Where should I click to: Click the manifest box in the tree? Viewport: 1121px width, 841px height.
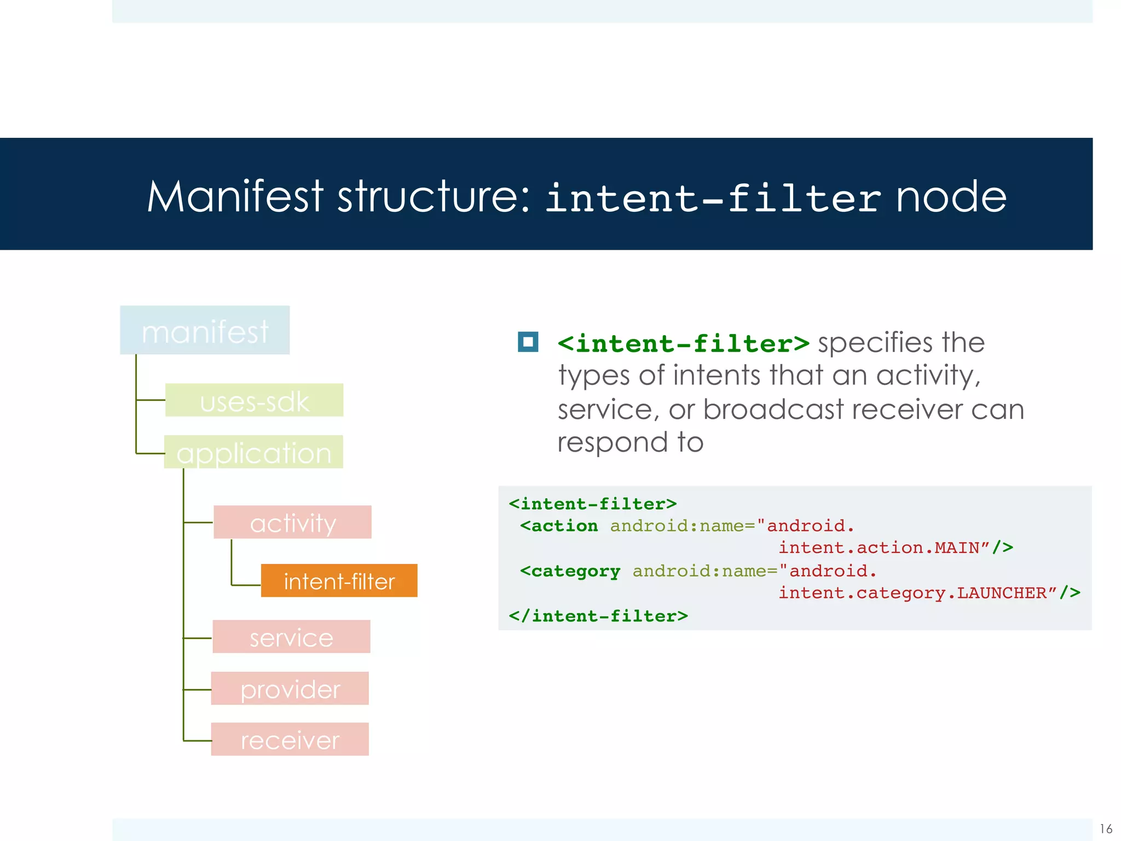[205, 330]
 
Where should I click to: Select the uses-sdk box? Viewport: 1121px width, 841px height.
[254, 400]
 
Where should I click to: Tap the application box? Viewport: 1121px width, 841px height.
[253, 452]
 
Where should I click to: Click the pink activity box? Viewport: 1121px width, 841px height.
[292, 522]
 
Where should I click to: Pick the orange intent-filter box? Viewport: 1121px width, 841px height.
[339, 580]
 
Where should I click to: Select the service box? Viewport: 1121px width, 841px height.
[291, 637]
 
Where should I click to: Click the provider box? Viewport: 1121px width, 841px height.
[290, 688]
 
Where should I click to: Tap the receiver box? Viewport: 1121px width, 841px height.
[290, 740]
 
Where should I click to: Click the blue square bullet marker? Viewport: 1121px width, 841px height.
[528, 342]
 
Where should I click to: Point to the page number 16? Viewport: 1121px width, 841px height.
[1106, 828]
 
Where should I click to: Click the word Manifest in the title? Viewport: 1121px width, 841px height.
[235, 197]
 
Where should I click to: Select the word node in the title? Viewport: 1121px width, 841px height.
[951, 197]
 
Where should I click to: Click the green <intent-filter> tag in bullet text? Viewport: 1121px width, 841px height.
[683, 344]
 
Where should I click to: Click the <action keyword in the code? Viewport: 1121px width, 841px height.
[559, 526]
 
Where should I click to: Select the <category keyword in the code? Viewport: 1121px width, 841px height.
[570, 572]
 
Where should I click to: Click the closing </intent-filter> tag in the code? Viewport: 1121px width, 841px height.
[598, 617]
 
